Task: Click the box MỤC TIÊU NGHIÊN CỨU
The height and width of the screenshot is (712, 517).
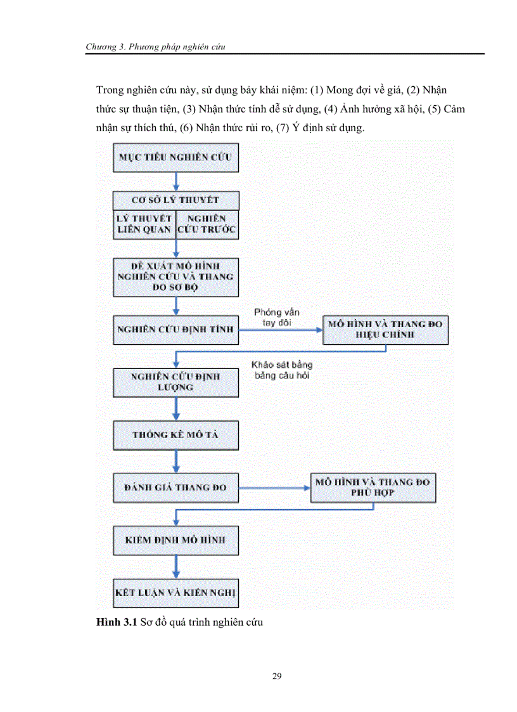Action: [x=176, y=157]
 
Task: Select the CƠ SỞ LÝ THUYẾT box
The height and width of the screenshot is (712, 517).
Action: [x=176, y=200]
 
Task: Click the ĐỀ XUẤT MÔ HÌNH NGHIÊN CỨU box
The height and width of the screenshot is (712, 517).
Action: [x=176, y=277]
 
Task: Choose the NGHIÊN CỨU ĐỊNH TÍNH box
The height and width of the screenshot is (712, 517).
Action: [x=176, y=330]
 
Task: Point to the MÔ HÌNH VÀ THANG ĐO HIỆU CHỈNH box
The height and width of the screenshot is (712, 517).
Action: [x=385, y=330]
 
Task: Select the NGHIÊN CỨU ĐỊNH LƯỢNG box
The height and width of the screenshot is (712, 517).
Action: [x=176, y=382]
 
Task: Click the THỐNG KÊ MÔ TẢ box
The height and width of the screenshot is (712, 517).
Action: [x=176, y=435]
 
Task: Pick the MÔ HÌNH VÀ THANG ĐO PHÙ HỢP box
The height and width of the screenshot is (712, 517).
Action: [x=373, y=487]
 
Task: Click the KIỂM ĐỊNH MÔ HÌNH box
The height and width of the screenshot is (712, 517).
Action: [x=176, y=541]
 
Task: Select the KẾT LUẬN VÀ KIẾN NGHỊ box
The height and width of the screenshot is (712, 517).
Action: [x=176, y=594]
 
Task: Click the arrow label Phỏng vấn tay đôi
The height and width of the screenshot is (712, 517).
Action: [x=277, y=317]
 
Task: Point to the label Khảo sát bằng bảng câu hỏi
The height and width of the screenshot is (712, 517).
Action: [x=281, y=370]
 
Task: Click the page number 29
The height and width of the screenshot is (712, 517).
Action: [x=277, y=676]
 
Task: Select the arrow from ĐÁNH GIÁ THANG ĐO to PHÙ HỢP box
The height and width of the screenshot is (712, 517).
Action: [x=274, y=488]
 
